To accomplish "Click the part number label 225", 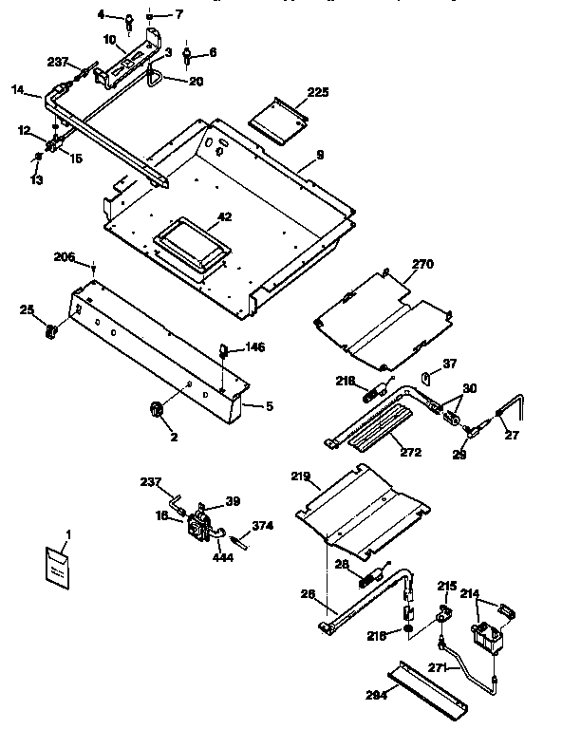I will [318, 92].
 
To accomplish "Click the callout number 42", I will [224, 216].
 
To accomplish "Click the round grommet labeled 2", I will [155, 408].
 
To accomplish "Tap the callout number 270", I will [421, 267].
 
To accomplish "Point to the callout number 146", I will [253, 347].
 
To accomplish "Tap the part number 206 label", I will [64, 257].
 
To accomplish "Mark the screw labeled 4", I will [128, 20].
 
